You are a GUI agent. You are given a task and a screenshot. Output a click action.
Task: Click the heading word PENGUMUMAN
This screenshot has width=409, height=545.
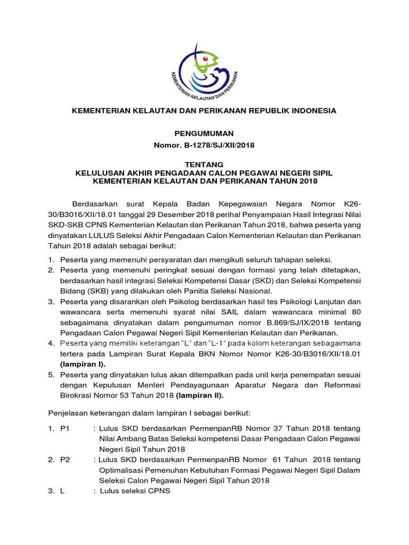(x=204, y=133)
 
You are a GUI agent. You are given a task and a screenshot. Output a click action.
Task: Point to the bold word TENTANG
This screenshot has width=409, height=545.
(x=204, y=164)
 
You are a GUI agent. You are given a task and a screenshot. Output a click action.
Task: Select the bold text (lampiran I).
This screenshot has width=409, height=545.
(x=83, y=364)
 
